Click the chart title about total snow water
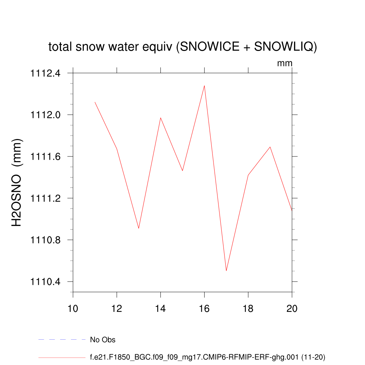[x=182, y=47]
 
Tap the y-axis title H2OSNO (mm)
[x=17, y=182]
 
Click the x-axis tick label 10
[x=73, y=309]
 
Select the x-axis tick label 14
[x=160, y=309]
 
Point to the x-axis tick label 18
[x=248, y=309]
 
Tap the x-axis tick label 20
[x=292, y=309]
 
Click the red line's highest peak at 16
[x=204, y=86]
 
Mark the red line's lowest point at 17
[x=226, y=271]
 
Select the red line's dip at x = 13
[x=139, y=228]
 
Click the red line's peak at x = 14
[x=160, y=118]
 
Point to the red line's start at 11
[x=95, y=102]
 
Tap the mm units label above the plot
[x=285, y=63]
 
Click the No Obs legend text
[x=103, y=340]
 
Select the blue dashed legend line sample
[x=62, y=340]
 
